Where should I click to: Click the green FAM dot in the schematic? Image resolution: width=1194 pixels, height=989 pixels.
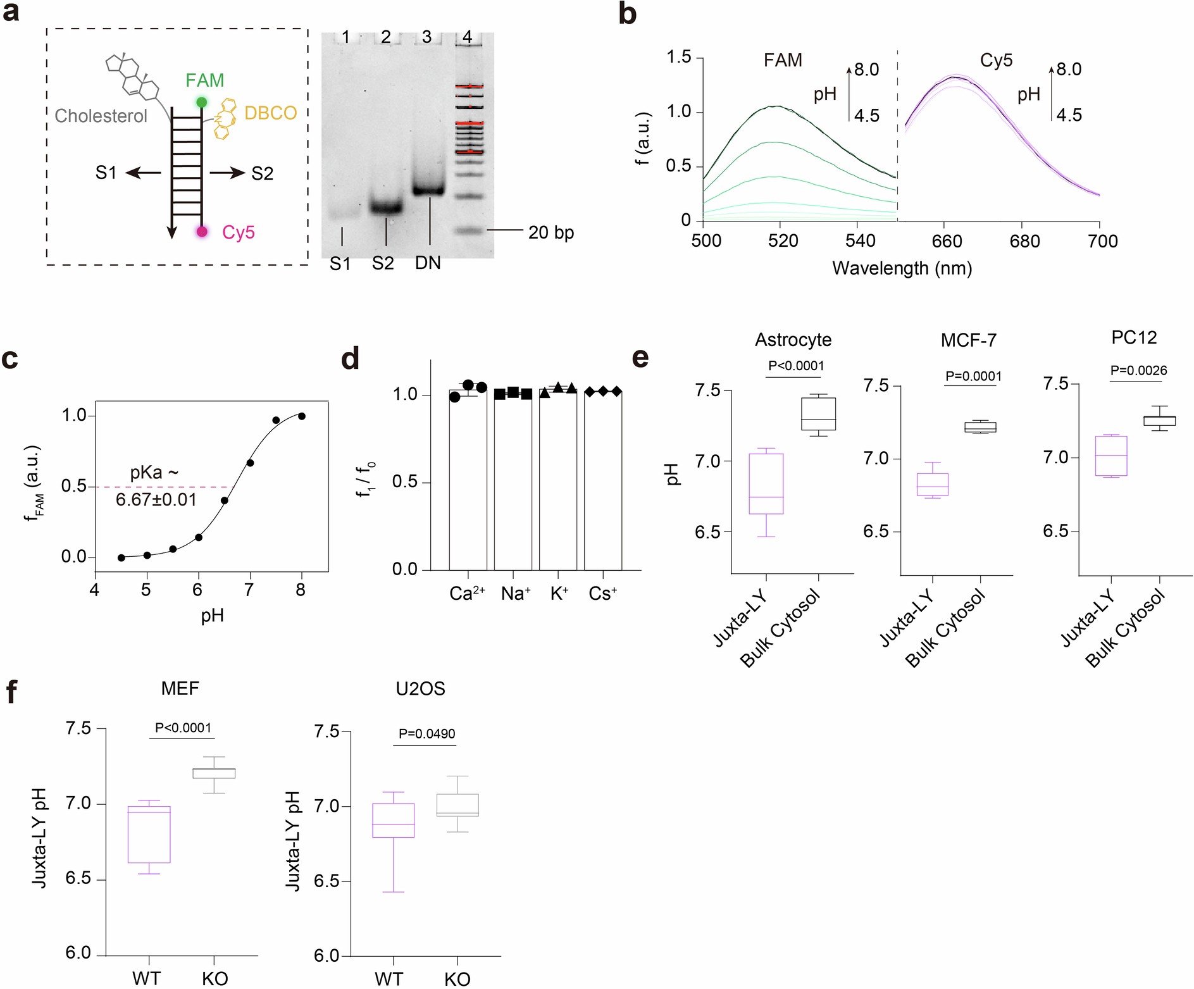click(201, 102)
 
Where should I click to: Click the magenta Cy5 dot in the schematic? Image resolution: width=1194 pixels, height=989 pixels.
click(202, 232)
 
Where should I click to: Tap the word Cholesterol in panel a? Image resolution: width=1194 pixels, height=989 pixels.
click(101, 116)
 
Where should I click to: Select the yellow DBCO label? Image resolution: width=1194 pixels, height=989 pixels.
click(270, 113)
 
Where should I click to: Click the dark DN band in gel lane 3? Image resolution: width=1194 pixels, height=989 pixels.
click(428, 189)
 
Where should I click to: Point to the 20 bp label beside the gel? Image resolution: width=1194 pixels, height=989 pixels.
click(550, 232)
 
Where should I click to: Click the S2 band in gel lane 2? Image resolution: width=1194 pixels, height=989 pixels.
click(385, 207)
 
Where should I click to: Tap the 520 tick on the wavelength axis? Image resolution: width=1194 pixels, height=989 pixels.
click(783, 240)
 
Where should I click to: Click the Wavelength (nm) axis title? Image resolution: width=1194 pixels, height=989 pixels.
click(902, 268)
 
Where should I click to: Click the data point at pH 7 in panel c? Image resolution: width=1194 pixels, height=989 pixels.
click(250, 463)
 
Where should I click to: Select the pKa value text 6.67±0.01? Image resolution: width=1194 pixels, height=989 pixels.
click(156, 500)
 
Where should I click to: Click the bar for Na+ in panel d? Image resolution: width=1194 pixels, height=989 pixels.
click(513, 481)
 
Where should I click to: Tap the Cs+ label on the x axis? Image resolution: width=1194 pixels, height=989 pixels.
click(602, 594)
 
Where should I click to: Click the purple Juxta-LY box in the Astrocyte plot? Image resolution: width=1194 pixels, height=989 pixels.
click(766, 483)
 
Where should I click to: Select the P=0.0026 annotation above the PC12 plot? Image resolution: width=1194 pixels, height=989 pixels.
click(1138, 371)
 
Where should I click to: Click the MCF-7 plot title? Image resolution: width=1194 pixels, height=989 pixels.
click(968, 340)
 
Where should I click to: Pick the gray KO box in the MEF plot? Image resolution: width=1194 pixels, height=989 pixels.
click(214, 773)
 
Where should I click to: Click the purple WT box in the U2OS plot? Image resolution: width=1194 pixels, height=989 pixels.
click(393, 820)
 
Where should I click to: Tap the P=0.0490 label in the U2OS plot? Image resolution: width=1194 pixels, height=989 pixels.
click(426, 734)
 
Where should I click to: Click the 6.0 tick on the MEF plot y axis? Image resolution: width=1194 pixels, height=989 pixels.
click(78, 953)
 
